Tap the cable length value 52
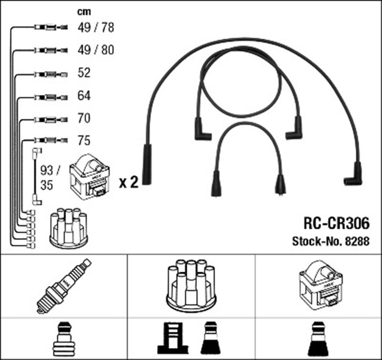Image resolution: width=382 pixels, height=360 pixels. tap(84, 73)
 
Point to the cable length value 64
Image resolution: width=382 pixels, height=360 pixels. tap(84, 96)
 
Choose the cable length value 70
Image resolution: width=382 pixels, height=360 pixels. tap(84, 118)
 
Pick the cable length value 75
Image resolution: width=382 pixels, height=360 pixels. tap(84, 141)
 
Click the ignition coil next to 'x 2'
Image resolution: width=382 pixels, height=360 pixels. tap(90, 177)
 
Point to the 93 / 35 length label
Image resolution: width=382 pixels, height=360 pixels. tap(46, 178)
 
